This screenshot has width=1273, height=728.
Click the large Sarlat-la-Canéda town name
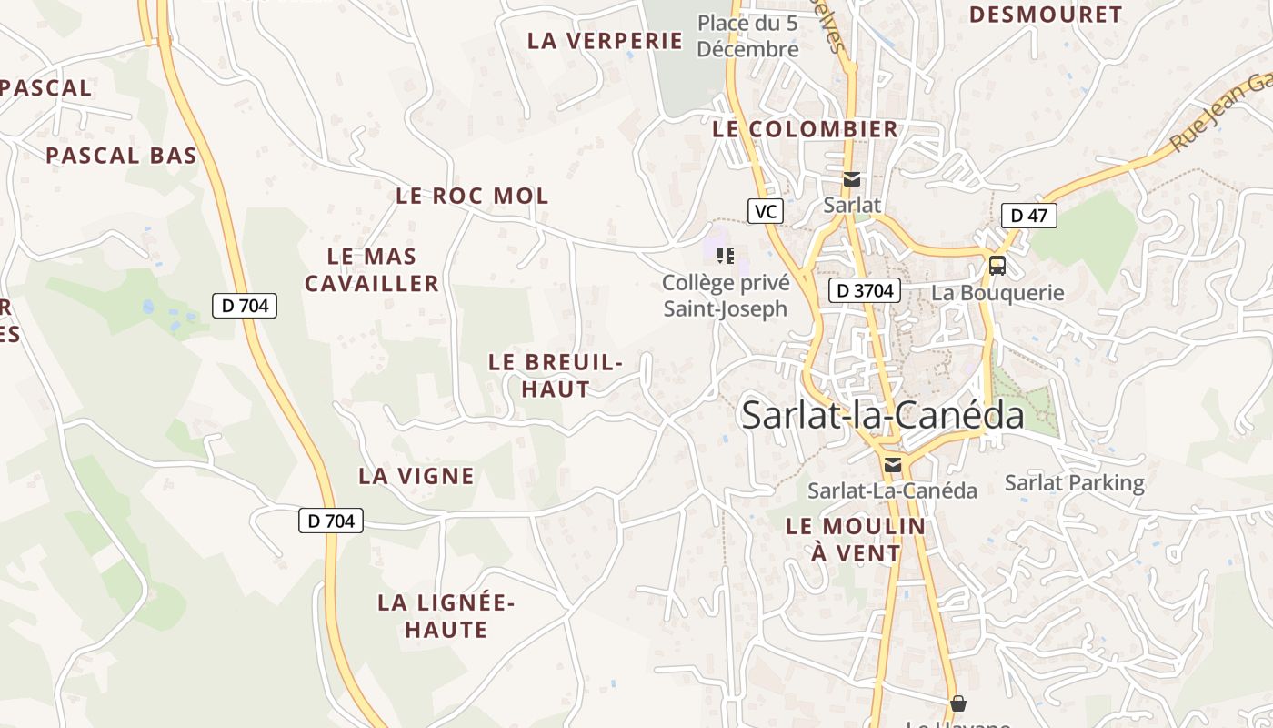pyautogui.click(x=882, y=415)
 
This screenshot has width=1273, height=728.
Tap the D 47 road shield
pyautogui.click(x=1028, y=216)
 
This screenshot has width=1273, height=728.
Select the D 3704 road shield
pyautogui.click(x=865, y=291)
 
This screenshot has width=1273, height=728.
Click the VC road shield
pyautogui.click(x=766, y=212)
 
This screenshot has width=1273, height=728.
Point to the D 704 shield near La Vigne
pyautogui.click(x=331, y=521)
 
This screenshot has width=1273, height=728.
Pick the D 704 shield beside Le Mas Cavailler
pyautogui.click(x=245, y=306)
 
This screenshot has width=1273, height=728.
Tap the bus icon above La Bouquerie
pyautogui.click(x=997, y=266)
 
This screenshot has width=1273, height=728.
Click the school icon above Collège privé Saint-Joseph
pyautogui.click(x=725, y=255)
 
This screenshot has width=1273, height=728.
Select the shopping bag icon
pyautogui.click(x=957, y=703)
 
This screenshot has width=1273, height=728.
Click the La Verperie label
pyautogui.click(x=605, y=41)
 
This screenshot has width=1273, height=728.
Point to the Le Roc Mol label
pyautogui.click(x=472, y=196)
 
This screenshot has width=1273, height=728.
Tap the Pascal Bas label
pyautogui.click(x=121, y=156)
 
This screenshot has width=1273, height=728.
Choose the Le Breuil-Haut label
pyautogui.click(x=555, y=375)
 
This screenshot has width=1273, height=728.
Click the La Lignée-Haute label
pyautogui.click(x=446, y=616)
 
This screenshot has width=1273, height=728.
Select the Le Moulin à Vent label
pyautogui.click(x=856, y=539)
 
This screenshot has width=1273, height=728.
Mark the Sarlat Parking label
pyautogui.click(x=1074, y=482)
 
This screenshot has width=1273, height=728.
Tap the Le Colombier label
pyautogui.click(x=805, y=129)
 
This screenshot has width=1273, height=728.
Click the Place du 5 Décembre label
pyautogui.click(x=747, y=36)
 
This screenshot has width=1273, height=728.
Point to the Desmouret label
pyautogui.click(x=1045, y=15)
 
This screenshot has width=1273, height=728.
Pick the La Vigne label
pyautogui.click(x=416, y=476)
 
